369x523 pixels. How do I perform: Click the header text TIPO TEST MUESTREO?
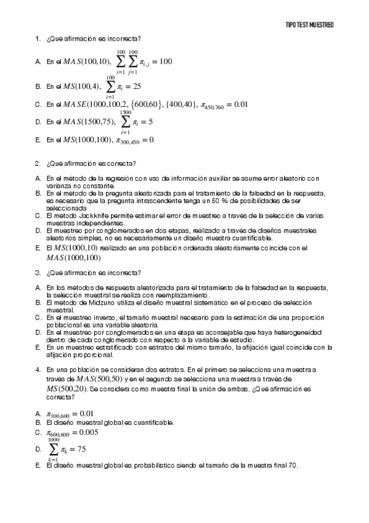pyautogui.click(x=310, y=25)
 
